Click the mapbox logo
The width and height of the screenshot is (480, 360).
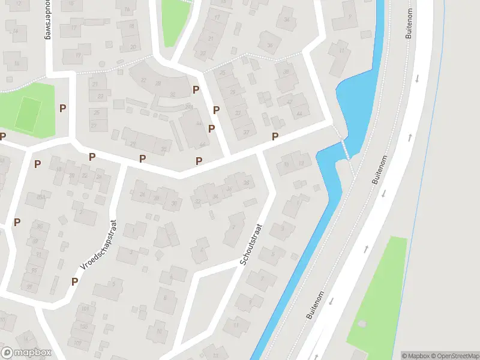pyautogui.click(x=26, y=353)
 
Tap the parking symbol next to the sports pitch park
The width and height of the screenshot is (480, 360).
pyautogui.click(x=63, y=108)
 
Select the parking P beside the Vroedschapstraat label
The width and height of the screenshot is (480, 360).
pyautogui.click(x=75, y=281)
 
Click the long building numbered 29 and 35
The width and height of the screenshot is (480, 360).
pyautogui.click(x=147, y=142)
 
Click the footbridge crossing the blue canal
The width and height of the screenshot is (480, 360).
pyautogui.click(x=344, y=149)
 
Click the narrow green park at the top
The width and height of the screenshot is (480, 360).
pyautogui.click(x=174, y=21)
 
